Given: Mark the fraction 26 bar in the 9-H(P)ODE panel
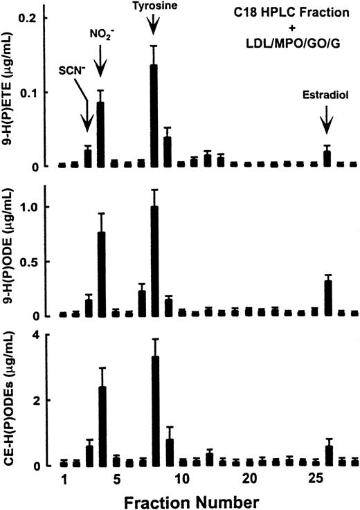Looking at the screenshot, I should pos(328,298).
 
